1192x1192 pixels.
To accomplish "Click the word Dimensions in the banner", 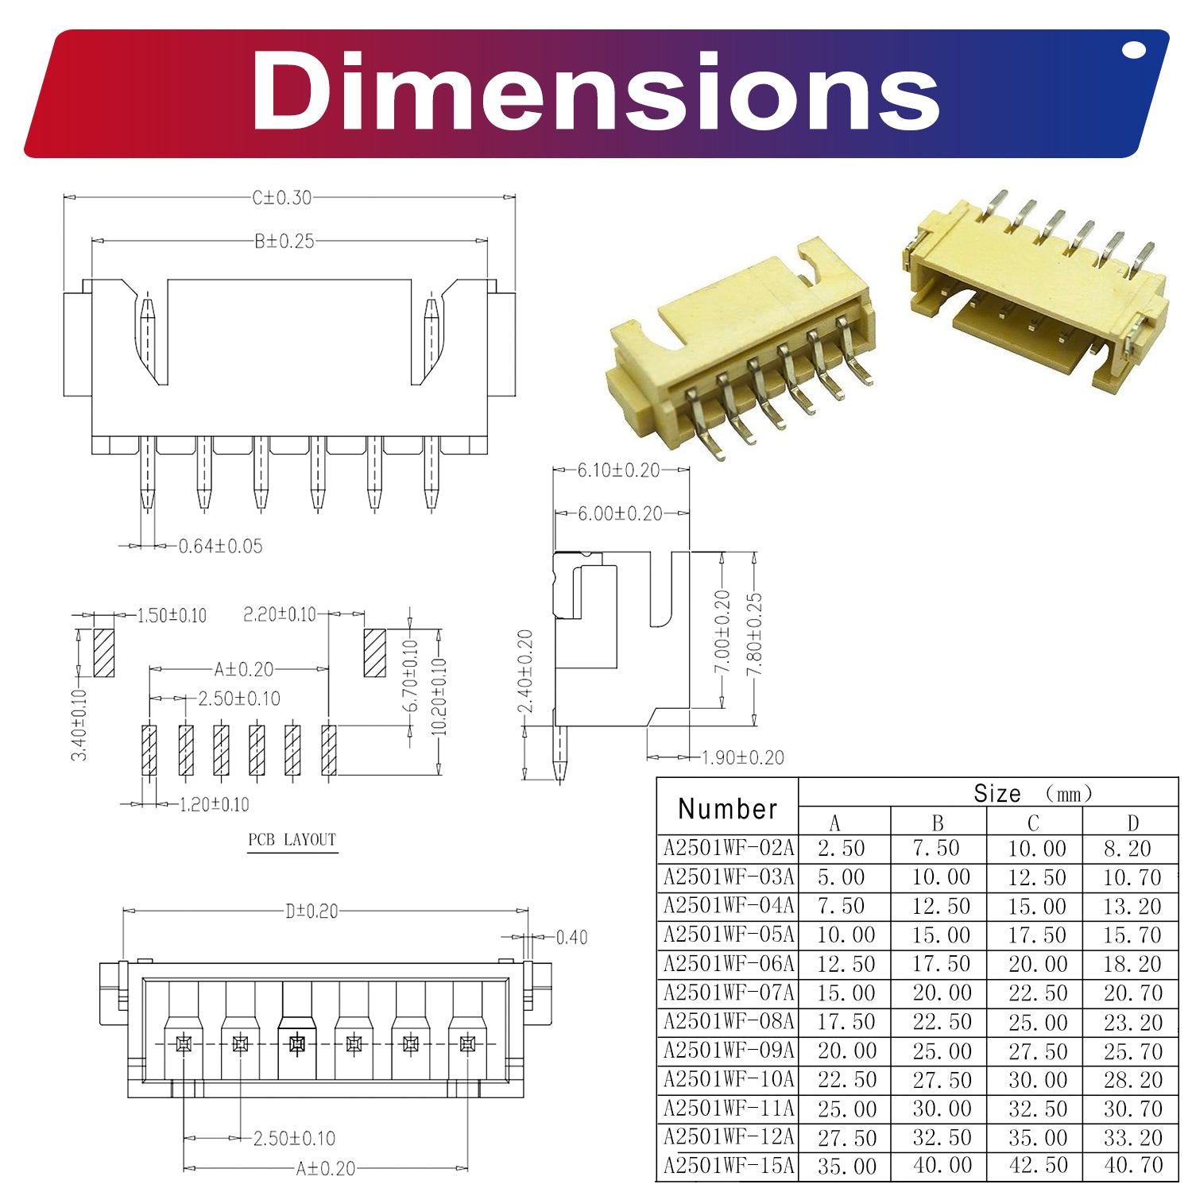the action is click(596, 91).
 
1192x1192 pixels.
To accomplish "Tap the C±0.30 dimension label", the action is click(282, 197).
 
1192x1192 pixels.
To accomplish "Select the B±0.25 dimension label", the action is click(284, 241).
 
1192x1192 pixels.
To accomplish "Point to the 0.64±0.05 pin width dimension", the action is click(220, 546).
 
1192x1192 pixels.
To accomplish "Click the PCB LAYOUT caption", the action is click(292, 839).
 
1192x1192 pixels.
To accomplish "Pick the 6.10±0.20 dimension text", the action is click(618, 470).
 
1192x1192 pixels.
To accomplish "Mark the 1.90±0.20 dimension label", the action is click(742, 757).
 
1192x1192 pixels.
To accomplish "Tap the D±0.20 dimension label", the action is click(312, 911).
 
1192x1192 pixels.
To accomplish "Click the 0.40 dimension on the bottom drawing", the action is click(571, 938).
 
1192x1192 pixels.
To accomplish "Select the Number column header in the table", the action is click(728, 809).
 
